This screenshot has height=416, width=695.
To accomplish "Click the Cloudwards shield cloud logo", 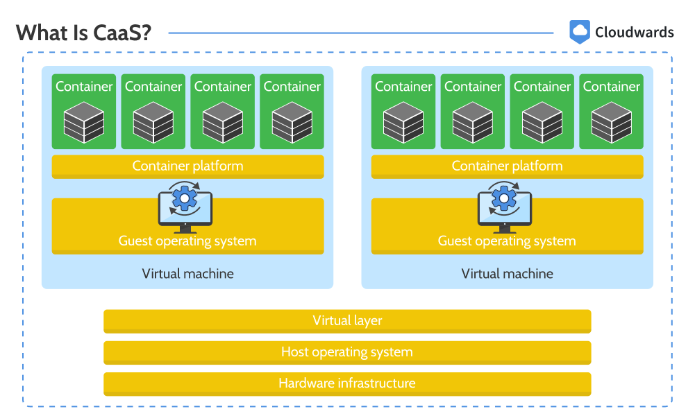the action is point(579,32).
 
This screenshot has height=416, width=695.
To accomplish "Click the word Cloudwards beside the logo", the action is point(635,33).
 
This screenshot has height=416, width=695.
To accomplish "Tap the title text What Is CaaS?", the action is point(84,33).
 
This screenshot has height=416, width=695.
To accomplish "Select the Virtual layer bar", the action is point(347,321).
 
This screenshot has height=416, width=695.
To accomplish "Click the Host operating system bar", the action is point(347,352).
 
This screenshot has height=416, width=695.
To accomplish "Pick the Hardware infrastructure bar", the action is point(347,383).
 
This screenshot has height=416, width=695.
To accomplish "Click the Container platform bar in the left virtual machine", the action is point(188,166).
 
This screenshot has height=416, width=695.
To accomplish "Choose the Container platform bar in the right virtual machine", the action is point(507,166).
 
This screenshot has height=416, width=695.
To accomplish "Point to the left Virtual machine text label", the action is point(188,273).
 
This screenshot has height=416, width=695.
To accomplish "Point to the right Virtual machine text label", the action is point(507,273).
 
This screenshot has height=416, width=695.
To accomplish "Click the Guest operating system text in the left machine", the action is point(187,241).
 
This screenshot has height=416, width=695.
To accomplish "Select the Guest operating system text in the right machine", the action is point(507,241).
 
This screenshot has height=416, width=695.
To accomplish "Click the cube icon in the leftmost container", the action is point(84,123).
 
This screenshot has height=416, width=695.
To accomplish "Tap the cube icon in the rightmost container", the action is point(612,123).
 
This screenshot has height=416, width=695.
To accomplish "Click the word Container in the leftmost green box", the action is point(84,86).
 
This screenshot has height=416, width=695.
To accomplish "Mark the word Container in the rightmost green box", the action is point(612,86).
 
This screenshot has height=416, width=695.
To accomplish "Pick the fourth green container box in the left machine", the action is point(292,112).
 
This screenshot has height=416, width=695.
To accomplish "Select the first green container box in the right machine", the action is point(403,112).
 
